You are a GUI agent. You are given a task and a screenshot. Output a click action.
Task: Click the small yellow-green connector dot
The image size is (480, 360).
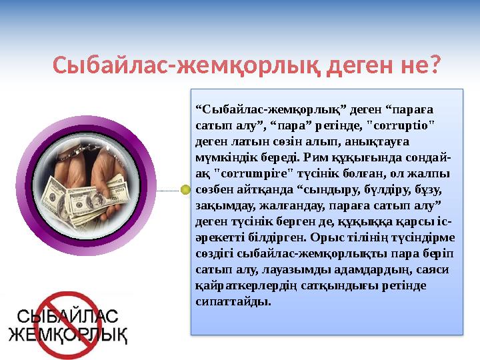pyautogui.click(x=185, y=190)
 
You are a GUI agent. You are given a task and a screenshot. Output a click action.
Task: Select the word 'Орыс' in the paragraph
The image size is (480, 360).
pyautogui.click(x=345, y=237)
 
